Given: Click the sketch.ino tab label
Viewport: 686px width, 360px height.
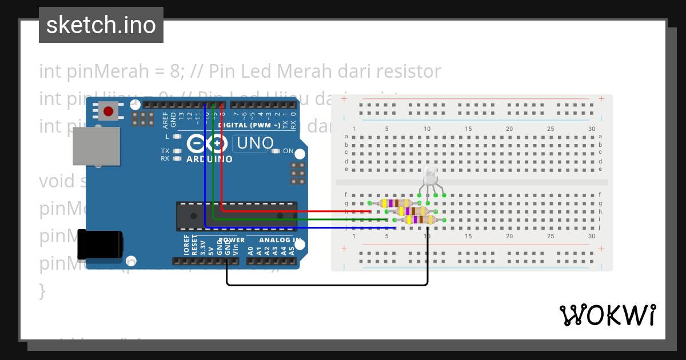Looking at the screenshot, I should pyautogui.click(x=101, y=25).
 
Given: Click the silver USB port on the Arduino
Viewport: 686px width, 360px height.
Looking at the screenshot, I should pyautogui.click(x=95, y=147).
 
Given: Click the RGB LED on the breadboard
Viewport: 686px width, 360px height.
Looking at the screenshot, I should pyautogui.click(x=430, y=176).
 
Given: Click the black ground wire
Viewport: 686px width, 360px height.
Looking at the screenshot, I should pyautogui.click(x=326, y=285).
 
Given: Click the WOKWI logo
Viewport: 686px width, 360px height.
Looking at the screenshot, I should pyautogui.click(x=607, y=315).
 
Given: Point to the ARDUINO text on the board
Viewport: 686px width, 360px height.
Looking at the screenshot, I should pyautogui.click(x=209, y=159).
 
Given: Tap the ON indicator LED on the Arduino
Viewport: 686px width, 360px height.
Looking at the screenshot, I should pyautogui.click(x=276, y=151).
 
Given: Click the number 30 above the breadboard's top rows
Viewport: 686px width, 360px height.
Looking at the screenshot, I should pyautogui.click(x=591, y=129).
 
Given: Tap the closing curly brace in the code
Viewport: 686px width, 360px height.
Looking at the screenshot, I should pyautogui.click(x=42, y=290).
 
